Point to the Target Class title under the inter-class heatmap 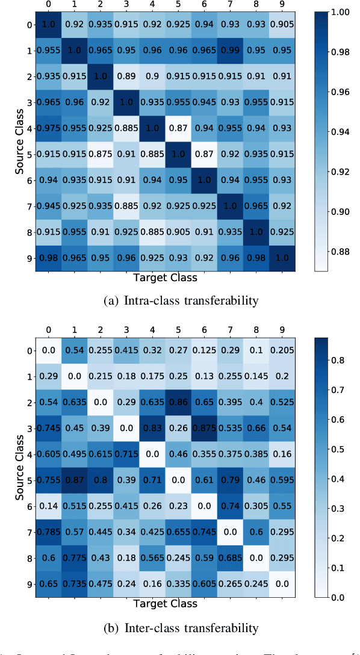[164, 602]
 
